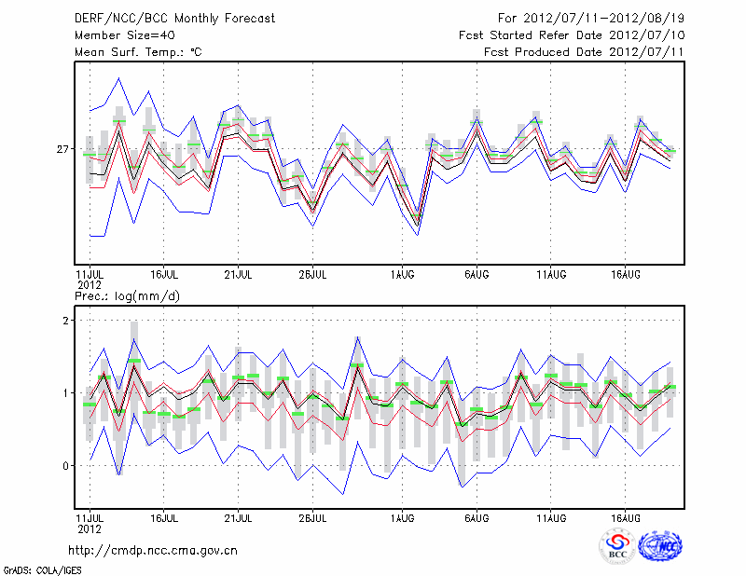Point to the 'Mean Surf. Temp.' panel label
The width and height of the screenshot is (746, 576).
pos(138,52)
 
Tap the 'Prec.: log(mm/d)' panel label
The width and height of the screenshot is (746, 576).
pos(127,295)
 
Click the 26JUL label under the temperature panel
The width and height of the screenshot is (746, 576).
pos(313,275)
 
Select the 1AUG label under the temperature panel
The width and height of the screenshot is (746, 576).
pos(402,275)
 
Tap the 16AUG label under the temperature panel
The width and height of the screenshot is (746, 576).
pos(626,275)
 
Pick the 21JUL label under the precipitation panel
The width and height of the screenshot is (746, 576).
pos(239,517)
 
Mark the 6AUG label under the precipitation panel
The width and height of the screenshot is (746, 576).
pos(477,517)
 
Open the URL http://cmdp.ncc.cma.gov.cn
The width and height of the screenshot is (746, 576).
pos(153,550)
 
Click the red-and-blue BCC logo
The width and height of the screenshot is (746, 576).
pos(616,546)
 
